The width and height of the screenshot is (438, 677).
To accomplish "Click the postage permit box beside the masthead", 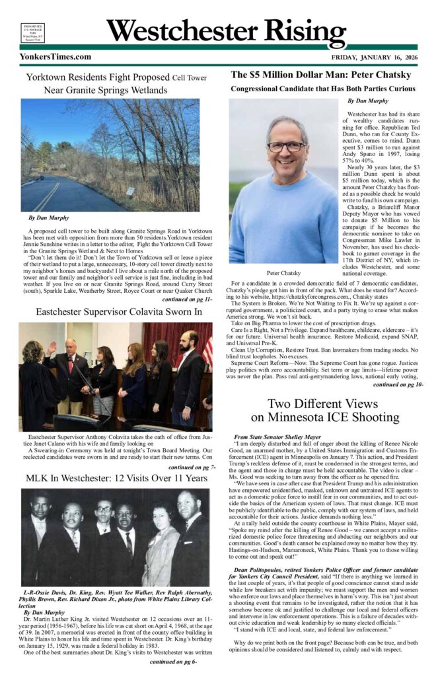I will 32,32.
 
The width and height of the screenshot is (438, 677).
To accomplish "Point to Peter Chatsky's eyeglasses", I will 286,147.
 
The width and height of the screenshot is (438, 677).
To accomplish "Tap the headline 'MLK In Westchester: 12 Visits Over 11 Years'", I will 116,477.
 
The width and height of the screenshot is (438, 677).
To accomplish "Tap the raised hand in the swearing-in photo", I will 51,346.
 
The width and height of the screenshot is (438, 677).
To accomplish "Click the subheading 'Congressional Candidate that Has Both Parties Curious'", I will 322,89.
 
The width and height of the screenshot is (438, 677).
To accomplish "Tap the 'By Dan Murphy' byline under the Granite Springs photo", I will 50,218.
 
